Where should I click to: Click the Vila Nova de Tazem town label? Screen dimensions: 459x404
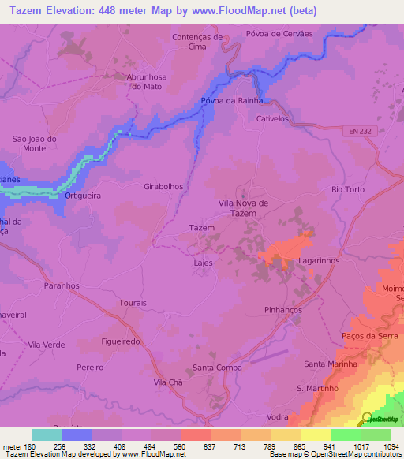click(x=242, y=208)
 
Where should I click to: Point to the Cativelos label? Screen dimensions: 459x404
click(x=274, y=119)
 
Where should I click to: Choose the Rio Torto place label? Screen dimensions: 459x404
click(x=347, y=189)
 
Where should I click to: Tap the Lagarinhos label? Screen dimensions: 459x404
click(x=319, y=259)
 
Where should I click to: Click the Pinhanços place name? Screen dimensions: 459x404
click(x=284, y=311)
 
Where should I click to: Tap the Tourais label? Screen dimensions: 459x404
click(x=132, y=303)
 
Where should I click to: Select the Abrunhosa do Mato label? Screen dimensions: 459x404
click(x=148, y=81)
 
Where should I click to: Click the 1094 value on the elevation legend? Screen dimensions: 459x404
click(x=391, y=446)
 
